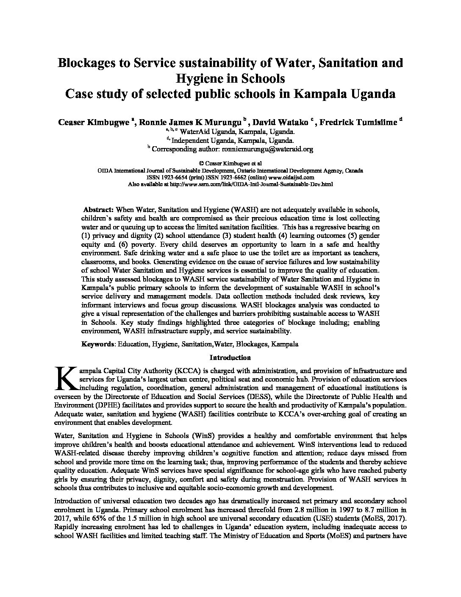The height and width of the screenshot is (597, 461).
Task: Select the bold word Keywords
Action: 97,344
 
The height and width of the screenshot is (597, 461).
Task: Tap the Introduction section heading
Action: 230,357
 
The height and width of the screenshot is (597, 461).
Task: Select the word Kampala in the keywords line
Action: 285,344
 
